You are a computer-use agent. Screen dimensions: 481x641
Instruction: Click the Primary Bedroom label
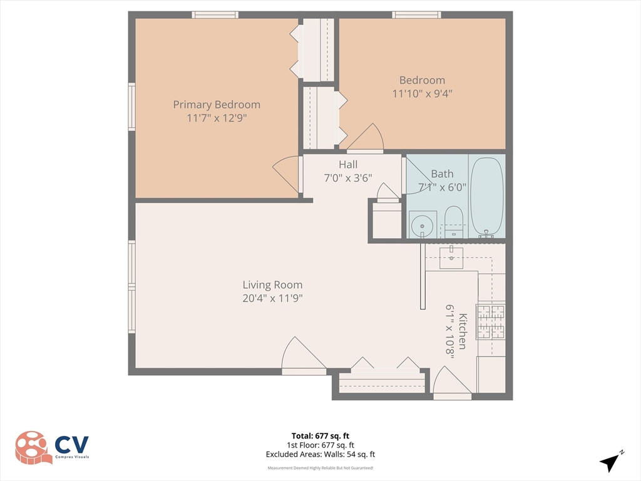pos(217,105)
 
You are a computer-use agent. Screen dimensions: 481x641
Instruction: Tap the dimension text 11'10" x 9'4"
pos(422,93)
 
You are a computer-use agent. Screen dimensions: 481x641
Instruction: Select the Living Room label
pos(272,285)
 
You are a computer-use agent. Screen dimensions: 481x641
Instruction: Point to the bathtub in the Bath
pos(487,196)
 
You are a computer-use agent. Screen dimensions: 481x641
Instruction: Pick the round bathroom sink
pos(423,224)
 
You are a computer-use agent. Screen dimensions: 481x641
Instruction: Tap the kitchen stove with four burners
pos(491,321)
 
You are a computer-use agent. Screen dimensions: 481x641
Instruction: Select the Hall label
pos(348,165)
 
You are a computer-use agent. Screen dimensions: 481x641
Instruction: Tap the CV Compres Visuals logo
pos(53,447)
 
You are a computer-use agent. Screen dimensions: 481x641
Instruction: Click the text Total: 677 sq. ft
pos(320,436)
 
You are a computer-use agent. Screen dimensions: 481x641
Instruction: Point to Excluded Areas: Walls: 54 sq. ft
pos(320,455)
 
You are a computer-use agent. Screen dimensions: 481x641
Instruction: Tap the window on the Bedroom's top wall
pos(416,14)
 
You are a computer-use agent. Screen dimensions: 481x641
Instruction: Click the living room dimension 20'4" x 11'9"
pos(272,299)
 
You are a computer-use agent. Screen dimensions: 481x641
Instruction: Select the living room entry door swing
pos(302,355)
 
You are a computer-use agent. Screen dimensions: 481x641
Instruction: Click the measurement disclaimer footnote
pos(320,468)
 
